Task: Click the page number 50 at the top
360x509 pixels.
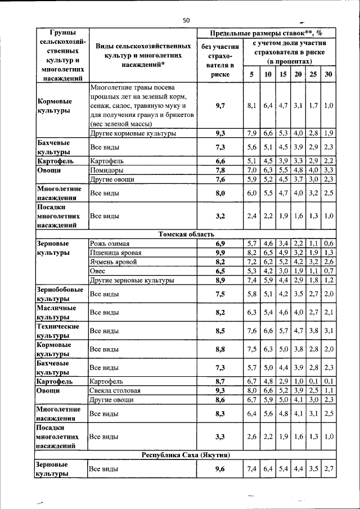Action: point(186,21)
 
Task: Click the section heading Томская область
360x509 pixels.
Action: point(186,235)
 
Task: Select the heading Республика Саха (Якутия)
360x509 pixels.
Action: point(186,454)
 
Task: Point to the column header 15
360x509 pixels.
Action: point(283,75)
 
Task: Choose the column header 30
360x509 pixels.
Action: point(328,75)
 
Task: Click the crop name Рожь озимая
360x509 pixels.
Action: point(110,244)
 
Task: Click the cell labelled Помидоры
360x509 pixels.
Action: point(107,170)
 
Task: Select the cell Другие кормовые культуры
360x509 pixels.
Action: point(133,133)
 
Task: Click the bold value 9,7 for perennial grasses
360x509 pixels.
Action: point(220,105)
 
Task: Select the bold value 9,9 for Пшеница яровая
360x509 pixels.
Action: point(220,253)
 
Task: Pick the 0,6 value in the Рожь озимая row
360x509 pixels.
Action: point(329,244)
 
